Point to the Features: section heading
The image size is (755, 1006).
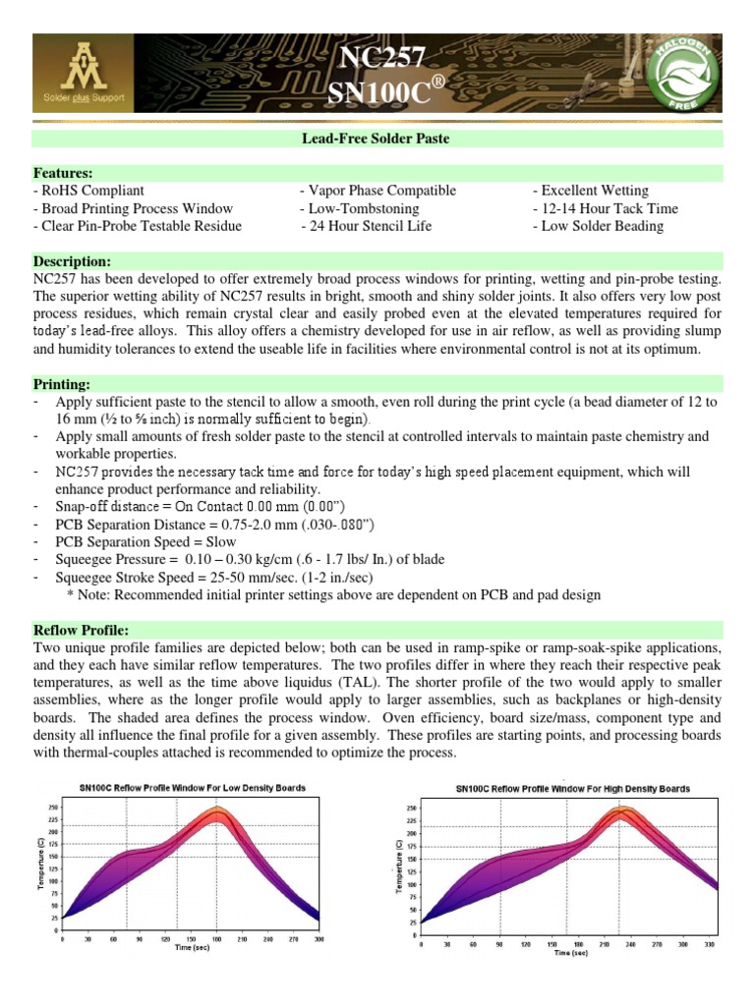[x=63, y=172]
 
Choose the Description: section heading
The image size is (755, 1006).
[x=72, y=261]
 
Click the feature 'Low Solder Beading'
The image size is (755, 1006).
[x=598, y=226]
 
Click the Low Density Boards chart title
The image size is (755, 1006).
[x=193, y=787]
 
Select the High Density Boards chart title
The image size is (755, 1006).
[x=572, y=788]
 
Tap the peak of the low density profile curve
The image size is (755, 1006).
[x=215, y=809]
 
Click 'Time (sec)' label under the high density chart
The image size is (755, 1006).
[x=570, y=952]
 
